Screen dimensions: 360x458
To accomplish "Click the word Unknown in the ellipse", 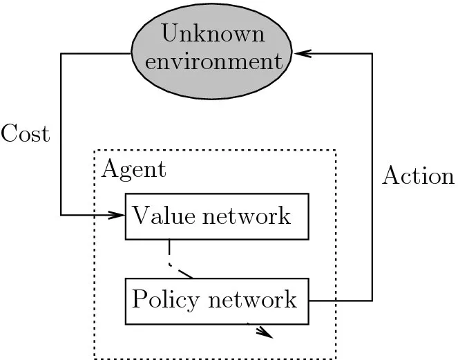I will pos(208,33).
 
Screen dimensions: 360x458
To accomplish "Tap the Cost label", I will pos(26,133).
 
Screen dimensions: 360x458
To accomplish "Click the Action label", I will pos(418,176).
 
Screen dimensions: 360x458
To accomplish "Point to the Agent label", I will pos(133,169).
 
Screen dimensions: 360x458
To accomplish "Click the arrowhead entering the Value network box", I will pos(118,215).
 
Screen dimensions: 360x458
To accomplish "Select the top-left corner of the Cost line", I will pos(61,53).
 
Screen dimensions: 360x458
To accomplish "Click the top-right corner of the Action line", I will pos(372,53).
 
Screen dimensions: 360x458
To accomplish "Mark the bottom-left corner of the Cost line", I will pos(61,215).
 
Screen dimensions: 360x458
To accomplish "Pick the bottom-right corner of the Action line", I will pos(372,301).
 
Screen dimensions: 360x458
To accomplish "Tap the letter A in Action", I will pos(391,176).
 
